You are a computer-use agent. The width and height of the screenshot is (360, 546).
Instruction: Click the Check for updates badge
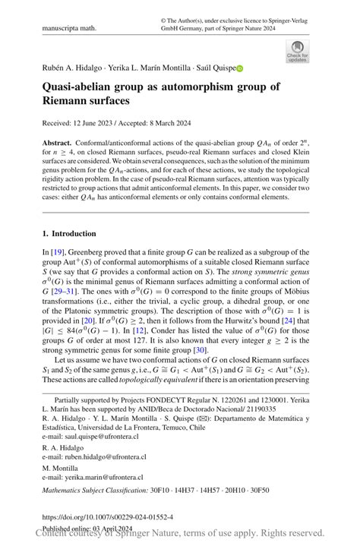(x=297, y=50)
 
